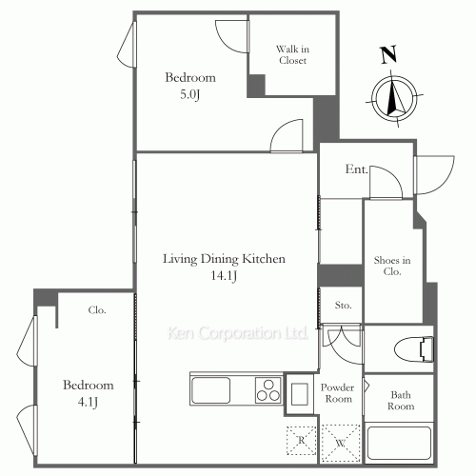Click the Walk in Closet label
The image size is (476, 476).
click(x=292, y=54)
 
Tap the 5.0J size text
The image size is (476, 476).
click(x=190, y=94)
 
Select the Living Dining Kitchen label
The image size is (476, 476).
click(x=224, y=259)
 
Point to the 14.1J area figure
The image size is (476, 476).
click(x=224, y=275)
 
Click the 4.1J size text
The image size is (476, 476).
click(x=88, y=402)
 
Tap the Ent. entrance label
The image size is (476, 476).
click(x=356, y=169)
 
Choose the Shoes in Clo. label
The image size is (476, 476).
click(x=392, y=266)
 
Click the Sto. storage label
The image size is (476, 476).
click(x=343, y=306)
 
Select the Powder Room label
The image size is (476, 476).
click(x=337, y=393)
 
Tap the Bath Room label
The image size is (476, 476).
click(x=401, y=401)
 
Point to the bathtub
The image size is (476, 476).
click(x=399, y=443)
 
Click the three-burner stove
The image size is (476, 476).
click(x=268, y=390)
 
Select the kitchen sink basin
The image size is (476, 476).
click(x=211, y=390)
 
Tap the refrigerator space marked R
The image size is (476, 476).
click(x=302, y=441)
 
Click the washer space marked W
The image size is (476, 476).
click(x=341, y=443)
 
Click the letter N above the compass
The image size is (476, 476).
click(x=388, y=54)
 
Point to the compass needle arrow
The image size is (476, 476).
click(x=394, y=96)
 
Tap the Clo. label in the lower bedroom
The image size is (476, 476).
click(x=97, y=310)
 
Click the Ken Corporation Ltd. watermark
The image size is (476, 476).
click(x=238, y=333)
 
